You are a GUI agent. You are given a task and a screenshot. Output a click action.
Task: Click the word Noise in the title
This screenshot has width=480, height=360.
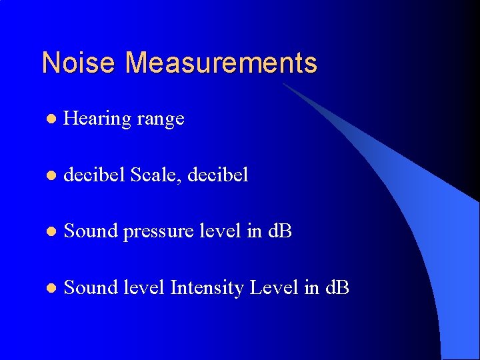tap(80, 63)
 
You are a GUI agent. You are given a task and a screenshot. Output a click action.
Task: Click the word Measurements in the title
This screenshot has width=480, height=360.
tap(221, 63)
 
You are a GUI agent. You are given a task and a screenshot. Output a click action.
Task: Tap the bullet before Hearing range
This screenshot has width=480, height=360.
tap(49, 119)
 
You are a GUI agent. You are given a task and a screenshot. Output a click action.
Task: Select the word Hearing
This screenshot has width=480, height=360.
tap(97, 119)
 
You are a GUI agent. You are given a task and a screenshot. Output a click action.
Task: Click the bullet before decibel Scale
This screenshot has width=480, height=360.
tap(49, 176)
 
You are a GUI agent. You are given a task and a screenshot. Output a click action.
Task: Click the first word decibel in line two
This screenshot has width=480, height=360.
tap(95, 175)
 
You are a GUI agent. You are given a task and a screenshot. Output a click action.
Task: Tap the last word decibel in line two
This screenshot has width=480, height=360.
tap(218, 175)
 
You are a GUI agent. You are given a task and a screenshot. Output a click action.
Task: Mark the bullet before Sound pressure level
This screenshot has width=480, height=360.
tap(49, 233)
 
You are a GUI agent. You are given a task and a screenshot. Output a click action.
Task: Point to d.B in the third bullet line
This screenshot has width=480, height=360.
tap(280, 232)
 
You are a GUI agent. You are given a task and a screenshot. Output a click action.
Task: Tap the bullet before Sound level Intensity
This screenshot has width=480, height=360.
tap(49, 289)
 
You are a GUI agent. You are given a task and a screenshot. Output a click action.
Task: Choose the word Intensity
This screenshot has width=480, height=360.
tap(207, 289)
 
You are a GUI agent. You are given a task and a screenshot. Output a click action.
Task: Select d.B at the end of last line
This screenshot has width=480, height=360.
tap(337, 288)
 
